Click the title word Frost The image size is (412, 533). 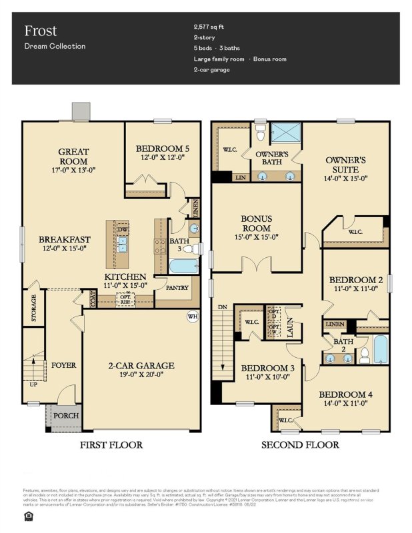(40, 31)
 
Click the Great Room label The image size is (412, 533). (73, 156)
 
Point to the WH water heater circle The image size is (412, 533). (193, 316)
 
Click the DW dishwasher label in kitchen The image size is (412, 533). (122, 231)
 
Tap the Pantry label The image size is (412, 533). (177, 288)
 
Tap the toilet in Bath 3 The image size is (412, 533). (189, 249)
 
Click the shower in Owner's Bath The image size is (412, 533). (288, 135)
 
